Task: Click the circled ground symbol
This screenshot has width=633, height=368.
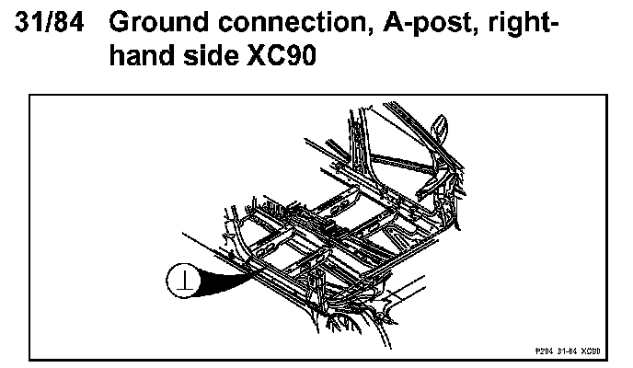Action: [180, 279]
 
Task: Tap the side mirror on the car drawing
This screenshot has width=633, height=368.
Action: [439, 124]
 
